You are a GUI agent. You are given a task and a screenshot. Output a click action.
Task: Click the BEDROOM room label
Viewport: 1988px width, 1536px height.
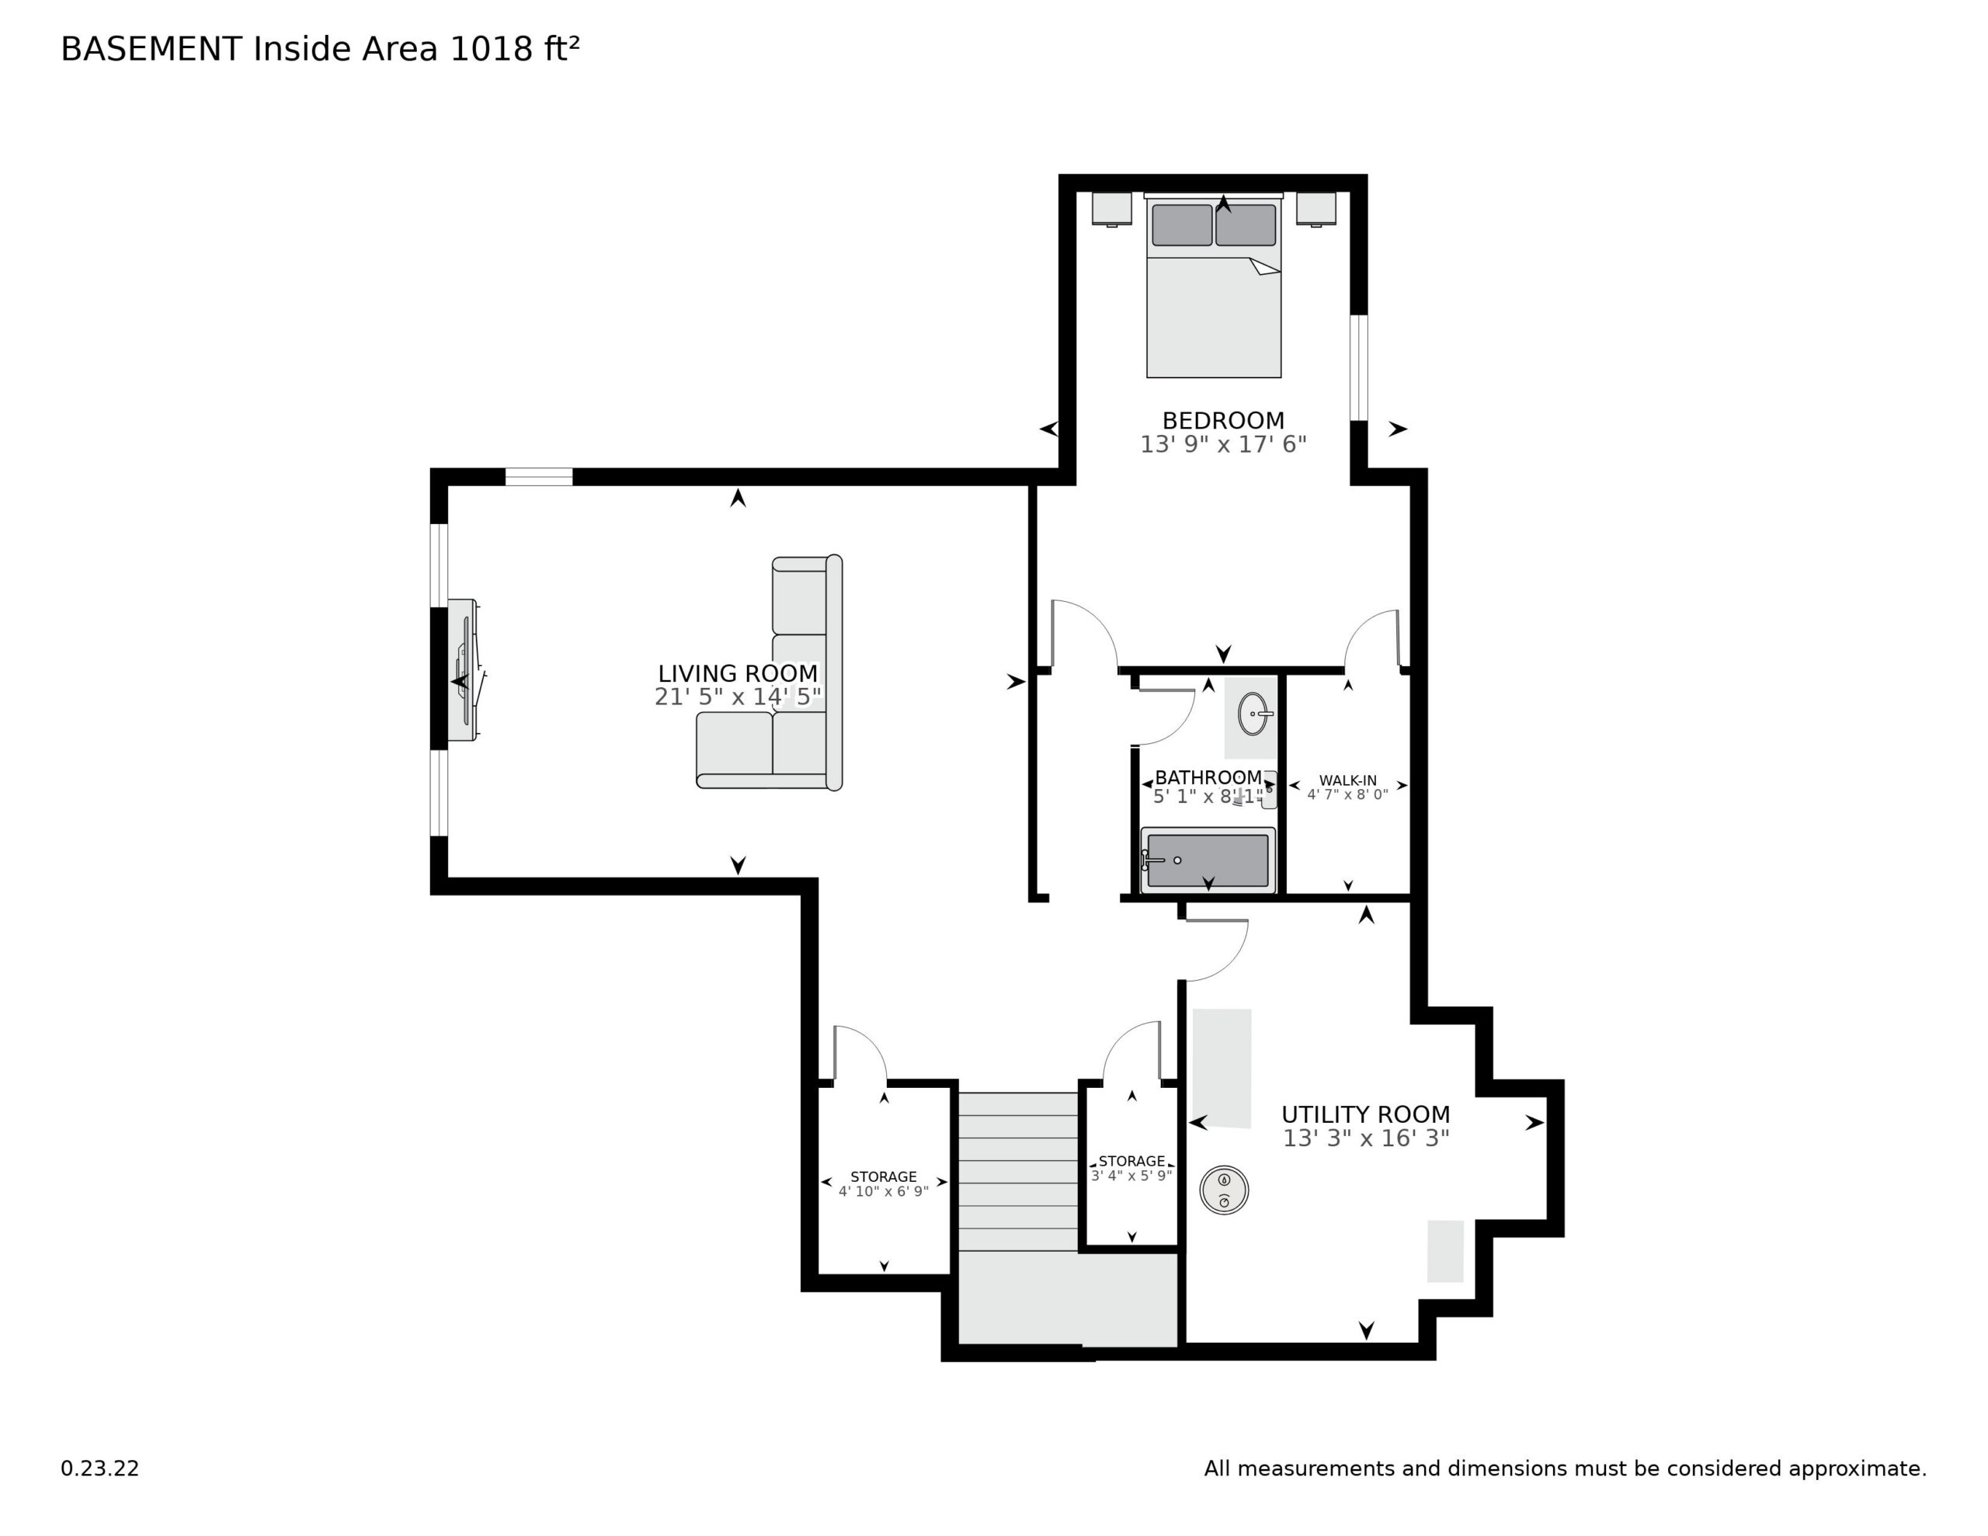point(1222,421)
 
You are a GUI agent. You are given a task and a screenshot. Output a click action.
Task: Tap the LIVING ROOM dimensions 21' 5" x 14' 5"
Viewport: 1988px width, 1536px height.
point(737,697)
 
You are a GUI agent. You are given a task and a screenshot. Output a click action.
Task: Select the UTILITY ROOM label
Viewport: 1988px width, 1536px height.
point(1365,1114)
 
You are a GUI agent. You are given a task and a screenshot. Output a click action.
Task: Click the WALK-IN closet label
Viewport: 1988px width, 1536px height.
point(1347,780)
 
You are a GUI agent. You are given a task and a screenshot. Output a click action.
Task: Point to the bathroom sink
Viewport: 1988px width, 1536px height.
point(1253,714)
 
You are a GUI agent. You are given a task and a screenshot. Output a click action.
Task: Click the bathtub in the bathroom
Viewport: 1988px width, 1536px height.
point(1207,860)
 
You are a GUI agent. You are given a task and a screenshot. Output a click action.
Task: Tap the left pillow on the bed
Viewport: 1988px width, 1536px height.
point(1181,225)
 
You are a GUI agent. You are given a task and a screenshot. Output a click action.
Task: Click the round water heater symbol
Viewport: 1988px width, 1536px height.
point(1223,1190)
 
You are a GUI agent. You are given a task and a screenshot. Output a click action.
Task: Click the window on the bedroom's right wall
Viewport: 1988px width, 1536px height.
point(1358,368)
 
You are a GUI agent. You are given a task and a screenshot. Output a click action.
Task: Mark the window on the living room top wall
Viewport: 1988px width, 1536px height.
point(539,476)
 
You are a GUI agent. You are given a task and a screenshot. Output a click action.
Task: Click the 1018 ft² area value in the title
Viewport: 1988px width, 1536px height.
point(514,49)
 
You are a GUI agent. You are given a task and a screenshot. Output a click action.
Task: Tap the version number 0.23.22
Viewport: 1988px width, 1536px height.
point(100,1468)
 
